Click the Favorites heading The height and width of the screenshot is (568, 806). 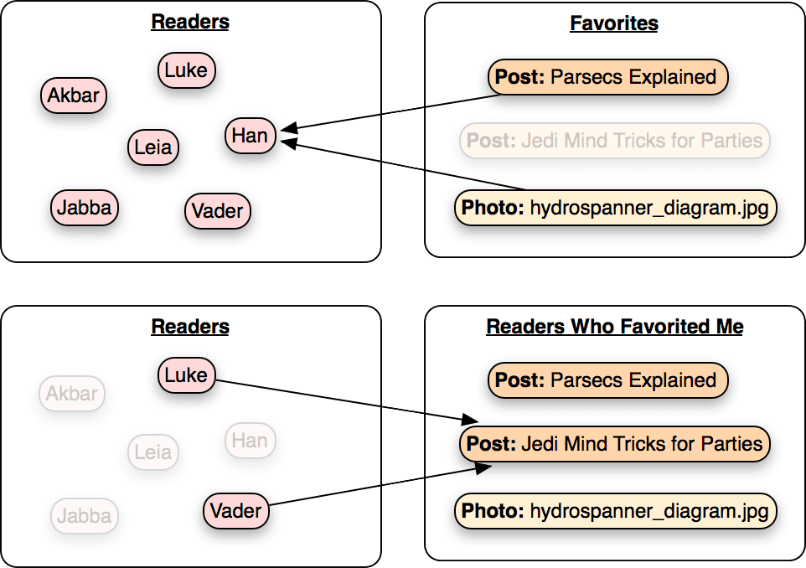614,23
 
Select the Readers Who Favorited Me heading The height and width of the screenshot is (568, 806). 615,327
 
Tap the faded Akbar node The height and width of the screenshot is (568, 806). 72,394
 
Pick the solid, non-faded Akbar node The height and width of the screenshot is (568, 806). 74,96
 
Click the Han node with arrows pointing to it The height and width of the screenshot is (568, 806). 251,136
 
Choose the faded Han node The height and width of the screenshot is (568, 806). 251,441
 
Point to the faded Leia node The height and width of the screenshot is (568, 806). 153,452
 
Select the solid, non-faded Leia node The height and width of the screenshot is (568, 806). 153,147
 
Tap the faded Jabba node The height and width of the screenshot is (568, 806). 85,515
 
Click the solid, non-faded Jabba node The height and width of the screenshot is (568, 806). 85,208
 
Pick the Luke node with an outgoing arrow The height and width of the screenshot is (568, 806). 187,375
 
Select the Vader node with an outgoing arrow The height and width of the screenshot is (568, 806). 236,511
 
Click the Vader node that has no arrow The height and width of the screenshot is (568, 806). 218,211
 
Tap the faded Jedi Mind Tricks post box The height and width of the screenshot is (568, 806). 615,141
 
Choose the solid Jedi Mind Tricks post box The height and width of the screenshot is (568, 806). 615,444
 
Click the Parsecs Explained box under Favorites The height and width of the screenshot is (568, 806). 608,77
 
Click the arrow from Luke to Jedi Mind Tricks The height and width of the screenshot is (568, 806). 347,401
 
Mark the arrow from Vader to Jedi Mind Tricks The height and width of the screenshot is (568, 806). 380,486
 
